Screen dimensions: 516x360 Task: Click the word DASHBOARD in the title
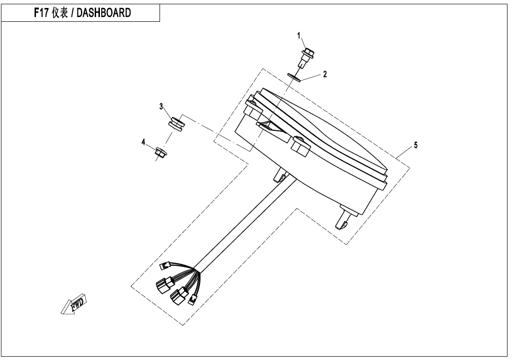pos(104,13)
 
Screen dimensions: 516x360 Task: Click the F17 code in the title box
pos(42,13)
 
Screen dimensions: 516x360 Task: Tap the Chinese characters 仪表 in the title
pos(60,13)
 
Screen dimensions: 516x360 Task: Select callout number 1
pos(299,36)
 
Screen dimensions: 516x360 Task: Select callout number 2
pos(325,74)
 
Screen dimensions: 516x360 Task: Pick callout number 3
pos(161,107)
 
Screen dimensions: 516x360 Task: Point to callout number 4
pos(143,142)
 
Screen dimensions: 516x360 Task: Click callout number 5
pos(416,145)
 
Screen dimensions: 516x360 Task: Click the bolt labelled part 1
pos(306,57)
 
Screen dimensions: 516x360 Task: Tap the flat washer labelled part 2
pos(294,77)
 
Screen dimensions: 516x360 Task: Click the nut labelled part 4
pos(160,152)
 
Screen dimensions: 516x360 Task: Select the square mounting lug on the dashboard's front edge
pos(300,145)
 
